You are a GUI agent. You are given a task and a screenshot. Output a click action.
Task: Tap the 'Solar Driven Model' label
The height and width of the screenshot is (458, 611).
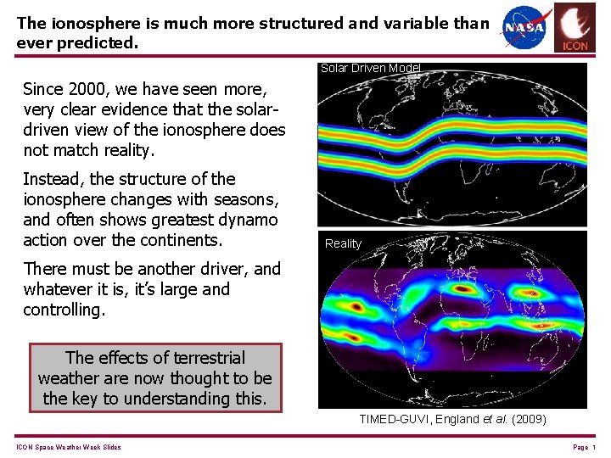pyautogui.click(x=369, y=69)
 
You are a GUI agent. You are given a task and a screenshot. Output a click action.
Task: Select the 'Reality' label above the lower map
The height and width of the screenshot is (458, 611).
pyautogui.click(x=343, y=243)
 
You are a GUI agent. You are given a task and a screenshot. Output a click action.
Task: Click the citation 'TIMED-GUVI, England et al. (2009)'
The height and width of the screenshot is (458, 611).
pyautogui.click(x=452, y=419)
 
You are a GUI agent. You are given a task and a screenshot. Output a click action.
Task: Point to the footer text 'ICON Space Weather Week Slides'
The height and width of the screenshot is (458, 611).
pyautogui.click(x=69, y=447)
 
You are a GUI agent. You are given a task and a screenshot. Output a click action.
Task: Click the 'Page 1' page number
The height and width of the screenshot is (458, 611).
pyautogui.click(x=585, y=447)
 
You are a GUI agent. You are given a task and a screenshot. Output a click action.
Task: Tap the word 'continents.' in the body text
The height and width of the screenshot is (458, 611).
pyautogui.click(x=180, y=240)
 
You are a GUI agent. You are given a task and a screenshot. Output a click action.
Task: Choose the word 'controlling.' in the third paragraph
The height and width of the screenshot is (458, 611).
pyautogui.click(x=64, y=310)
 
